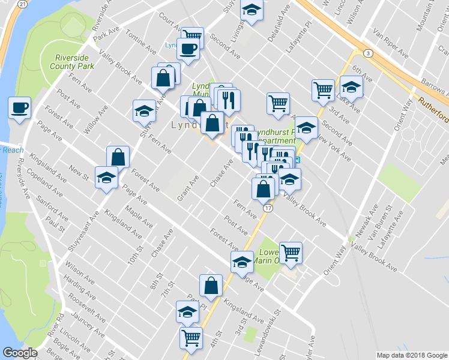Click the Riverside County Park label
click(73, 62)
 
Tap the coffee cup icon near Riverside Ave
click(19, 108)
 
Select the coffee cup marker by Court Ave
click(188, 49)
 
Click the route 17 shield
click(268, 208)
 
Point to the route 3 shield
click(367, 53)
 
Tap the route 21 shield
click(22, 4)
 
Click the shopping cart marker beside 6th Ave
click(323, 90)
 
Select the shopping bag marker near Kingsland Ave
click(211, 286)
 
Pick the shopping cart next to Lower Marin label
click(291, 252)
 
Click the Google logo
click(20, 353)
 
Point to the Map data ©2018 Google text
click(412, 355)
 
